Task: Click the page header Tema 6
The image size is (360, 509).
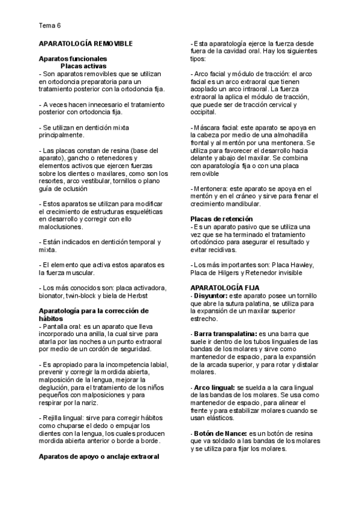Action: click(49, 26)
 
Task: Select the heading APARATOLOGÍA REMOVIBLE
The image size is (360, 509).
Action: click(89, 44)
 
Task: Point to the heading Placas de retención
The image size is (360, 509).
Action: click(221, 219)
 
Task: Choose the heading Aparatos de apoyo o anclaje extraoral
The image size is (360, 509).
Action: click(99, 456)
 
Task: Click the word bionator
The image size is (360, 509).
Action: click(51, 296)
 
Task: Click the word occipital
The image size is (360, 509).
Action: click(203, 112)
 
